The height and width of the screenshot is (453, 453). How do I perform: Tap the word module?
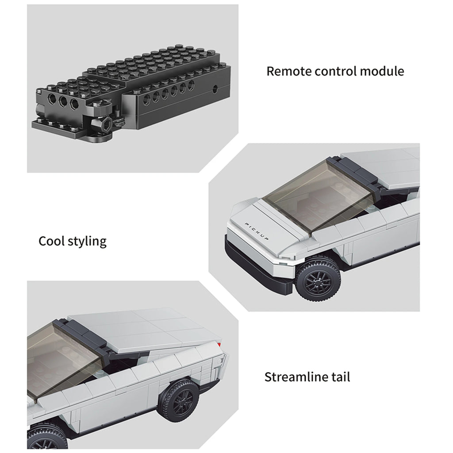pyautogui.click(x=382, y=71)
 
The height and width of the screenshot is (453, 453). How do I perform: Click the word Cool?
pyautogui.click(x=51, y=241)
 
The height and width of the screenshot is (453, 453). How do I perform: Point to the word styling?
pyautogui.click(x=87, y=242)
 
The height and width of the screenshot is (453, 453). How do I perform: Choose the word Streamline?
pyautogui.click(x=295, y=377)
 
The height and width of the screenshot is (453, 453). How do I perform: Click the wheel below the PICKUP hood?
pyautogui.click(x=318, y=280)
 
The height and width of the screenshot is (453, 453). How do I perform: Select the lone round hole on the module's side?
pyautogui.click(x=216, y=88)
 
